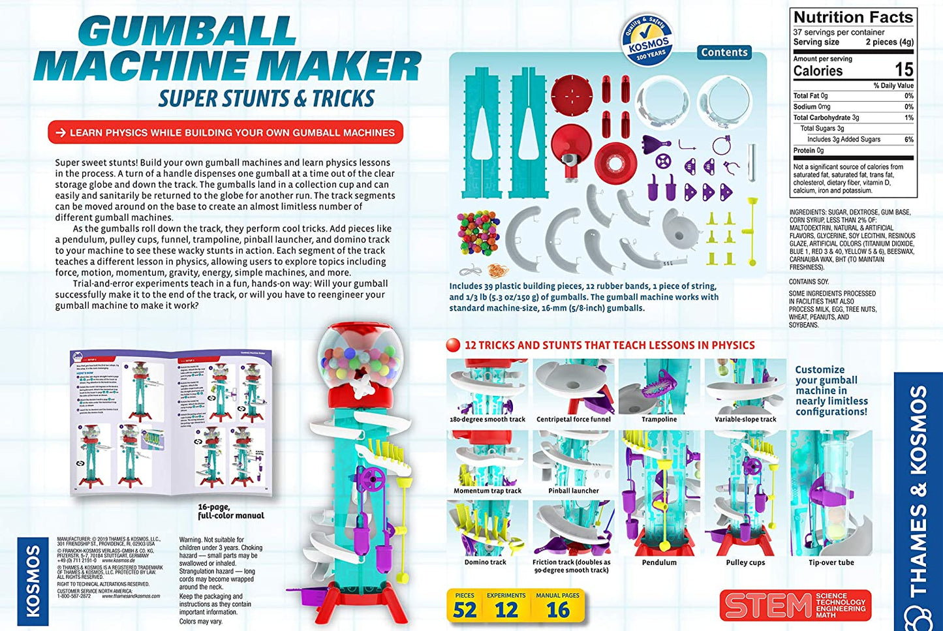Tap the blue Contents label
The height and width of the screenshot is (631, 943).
(724, 52)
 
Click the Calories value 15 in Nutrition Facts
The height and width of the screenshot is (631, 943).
(903, 70)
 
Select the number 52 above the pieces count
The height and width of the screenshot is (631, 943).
(465, 610)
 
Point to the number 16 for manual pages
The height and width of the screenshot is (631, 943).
(558, 610)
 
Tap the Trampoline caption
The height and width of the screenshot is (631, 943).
(659, 420)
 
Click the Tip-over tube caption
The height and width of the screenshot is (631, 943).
(831, 562)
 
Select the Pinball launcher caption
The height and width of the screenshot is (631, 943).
(573, 491)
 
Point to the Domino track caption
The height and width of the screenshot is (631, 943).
(486, 562)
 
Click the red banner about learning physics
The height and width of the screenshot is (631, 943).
(225, 132)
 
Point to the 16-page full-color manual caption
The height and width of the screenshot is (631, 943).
(231, 511)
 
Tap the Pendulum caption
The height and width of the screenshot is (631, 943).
(659, 562)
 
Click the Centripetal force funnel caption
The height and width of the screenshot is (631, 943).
(573, 420)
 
